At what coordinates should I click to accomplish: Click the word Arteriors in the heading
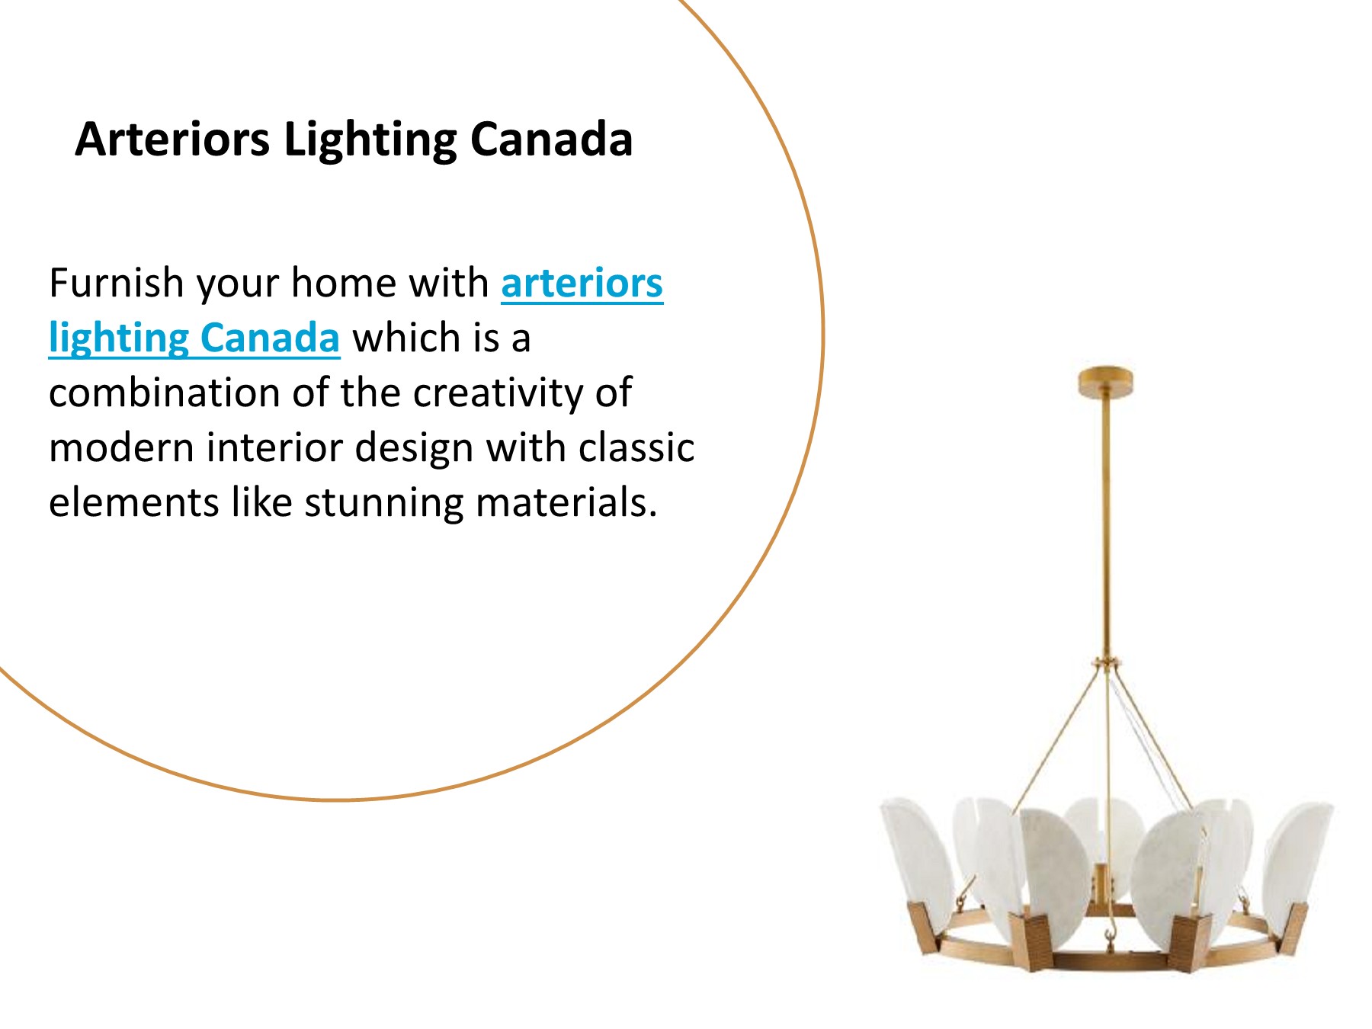click(172, 139)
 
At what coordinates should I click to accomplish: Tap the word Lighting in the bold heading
click(370, 141)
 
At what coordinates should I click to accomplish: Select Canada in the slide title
click(551, 139)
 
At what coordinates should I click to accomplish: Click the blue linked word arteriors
click(582, 284)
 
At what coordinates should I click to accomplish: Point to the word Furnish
click(116, 284)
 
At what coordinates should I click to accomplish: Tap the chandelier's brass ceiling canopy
click(1105, 380)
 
